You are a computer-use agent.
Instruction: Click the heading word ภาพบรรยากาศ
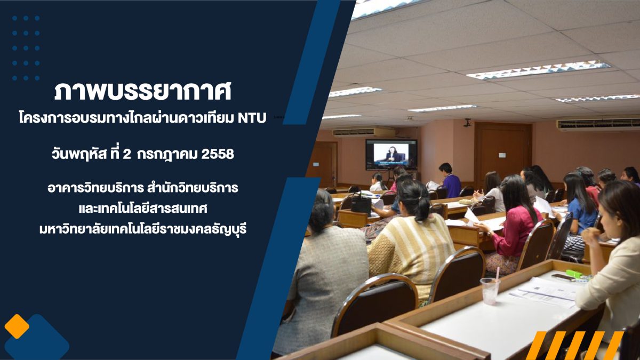[x=142, y=92]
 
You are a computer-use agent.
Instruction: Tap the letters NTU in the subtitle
[x=252, y=118]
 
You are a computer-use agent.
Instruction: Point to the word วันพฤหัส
[x=79, y=155]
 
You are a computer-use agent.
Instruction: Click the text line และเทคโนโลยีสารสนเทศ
[x=143, y=209]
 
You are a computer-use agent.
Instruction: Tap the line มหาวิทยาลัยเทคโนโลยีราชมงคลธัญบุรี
[x=143, y=229]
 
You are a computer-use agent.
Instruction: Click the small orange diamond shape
[x=17, y=326]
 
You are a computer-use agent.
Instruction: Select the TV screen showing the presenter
[x=391, y=154]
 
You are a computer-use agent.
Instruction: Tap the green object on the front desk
[x=574, y=274]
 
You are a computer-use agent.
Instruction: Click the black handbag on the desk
[x=361, y=203]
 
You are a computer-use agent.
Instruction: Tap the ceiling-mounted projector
[x=467, y=123]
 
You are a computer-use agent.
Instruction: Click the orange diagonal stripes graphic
[x=574, y=345]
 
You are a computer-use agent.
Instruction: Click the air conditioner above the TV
[x=363, y=132]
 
